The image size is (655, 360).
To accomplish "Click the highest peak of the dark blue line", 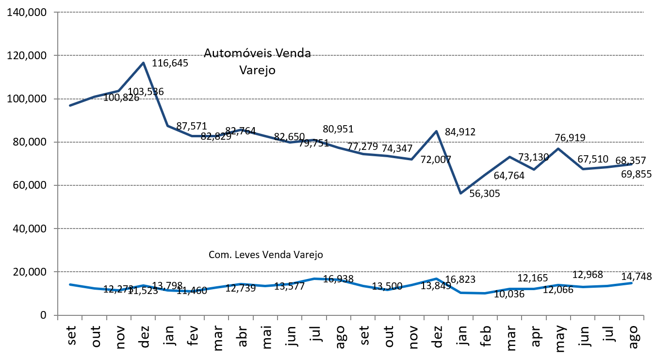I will click(x=143, y=63).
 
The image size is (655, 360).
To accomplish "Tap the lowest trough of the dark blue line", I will click(x=460, y=193).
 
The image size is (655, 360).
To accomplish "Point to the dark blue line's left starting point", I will click(x=70, y=105).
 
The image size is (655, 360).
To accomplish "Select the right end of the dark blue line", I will click(x=632, y=164).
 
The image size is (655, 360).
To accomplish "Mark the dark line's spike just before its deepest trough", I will click(x=436, y=131).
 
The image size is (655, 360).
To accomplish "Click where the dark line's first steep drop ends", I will click(x=167, y=126).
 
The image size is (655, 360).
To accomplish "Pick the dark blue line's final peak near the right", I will click(x=558, y=148).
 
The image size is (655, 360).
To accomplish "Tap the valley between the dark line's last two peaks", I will click(x=534, y=169).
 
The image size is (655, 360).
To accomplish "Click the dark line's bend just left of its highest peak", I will click(x=118, y=91).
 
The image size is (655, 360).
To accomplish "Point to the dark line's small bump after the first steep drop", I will click(x=241, y=130).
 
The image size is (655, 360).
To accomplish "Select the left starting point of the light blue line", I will click(x=70, y=284).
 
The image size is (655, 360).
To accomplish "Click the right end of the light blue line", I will click(x=632, y=283).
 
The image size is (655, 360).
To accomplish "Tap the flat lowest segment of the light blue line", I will click(x=473, y=293).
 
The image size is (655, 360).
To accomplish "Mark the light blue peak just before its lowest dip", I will click(x=436, y=278).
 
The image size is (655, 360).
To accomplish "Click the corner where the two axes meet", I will click(x=58, y=315).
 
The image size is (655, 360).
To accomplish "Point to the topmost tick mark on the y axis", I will click(x=55, y=12).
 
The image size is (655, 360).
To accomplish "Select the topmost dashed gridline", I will click(x=349, y=12).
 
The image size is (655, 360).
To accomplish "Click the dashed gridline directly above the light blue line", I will click(x=349, y=272).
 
